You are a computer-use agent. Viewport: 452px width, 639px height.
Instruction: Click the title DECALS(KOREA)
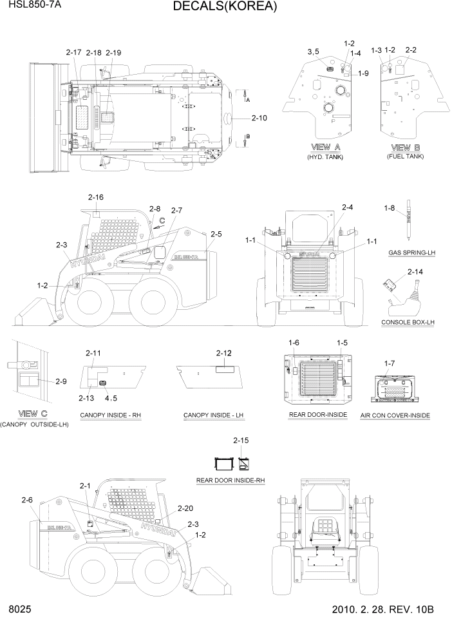click(225, 7)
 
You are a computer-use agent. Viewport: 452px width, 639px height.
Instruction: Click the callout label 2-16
click(95, 196)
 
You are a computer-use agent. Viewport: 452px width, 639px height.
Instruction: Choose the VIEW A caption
click(325, 146)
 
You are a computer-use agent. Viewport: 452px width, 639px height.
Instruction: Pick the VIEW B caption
click(405, 146)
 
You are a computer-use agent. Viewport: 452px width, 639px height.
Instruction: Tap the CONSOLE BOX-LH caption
click(408, 321)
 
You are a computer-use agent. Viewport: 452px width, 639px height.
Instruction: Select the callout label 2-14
click(415, 272)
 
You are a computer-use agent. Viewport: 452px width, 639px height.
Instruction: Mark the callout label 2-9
click(61, 381)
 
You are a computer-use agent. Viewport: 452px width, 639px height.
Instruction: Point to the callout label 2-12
click(224, 353)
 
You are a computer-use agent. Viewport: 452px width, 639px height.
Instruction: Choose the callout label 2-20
click(184, 508)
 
